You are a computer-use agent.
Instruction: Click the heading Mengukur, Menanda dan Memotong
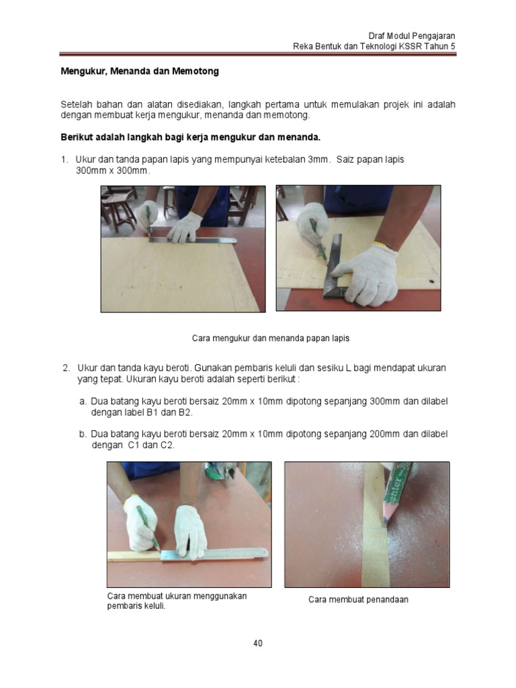coord(140,71)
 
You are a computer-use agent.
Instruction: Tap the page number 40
coord(258,643)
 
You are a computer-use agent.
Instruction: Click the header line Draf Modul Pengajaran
coord(413,35)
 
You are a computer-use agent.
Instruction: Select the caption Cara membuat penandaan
coord(358,599)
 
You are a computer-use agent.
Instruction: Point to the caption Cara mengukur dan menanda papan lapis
coord(271,338)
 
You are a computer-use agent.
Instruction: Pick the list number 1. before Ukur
coord(64,159)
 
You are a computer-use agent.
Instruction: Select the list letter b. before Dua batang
coord(83,434)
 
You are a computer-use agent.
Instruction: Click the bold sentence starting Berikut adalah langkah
coord(190,137)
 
